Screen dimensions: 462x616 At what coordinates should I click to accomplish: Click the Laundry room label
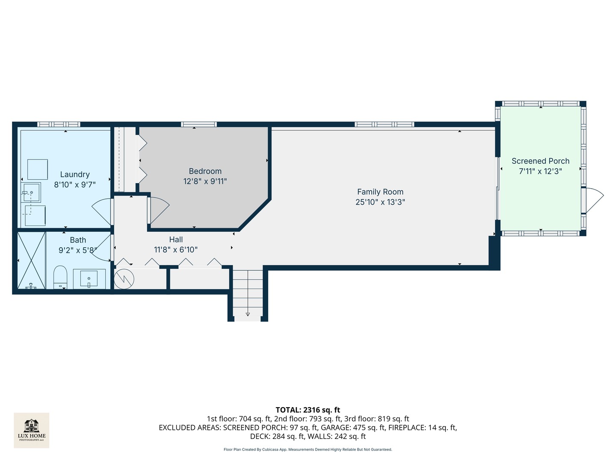point(75,175)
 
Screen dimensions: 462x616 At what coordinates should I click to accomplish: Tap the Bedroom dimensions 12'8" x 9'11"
point(205,181)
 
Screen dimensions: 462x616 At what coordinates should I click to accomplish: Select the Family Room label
point(380,192)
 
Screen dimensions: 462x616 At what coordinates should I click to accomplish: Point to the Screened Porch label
point(540,161)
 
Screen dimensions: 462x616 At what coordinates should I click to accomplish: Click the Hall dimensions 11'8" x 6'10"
point(176,250)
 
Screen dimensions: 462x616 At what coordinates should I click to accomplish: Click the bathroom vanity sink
point(89,279)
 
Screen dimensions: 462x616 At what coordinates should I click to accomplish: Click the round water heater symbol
point(124,279)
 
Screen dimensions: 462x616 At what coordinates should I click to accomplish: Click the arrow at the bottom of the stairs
point(248,314)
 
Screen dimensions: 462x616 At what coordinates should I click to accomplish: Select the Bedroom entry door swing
point(159,210)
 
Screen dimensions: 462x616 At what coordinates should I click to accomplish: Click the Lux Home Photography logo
point(32,430)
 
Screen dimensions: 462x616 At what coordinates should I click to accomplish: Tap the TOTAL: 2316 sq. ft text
point(308,410)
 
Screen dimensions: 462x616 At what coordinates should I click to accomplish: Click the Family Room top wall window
point(384,124)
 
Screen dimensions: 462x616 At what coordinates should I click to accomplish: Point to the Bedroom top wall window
point(198,124)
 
